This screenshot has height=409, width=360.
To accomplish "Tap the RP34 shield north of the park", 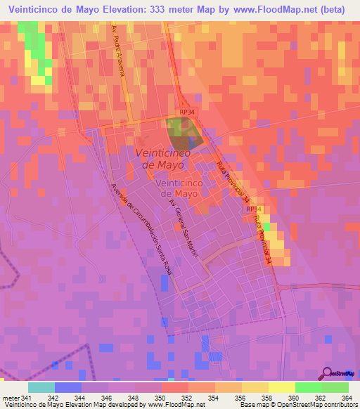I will pyautogui.click(x=186, y=112).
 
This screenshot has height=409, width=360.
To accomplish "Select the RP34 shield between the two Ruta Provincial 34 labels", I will pyautogui.click(x=255, y=209).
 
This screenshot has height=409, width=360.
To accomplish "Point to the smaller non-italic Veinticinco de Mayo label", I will pyautogui.click(x=188, y=188).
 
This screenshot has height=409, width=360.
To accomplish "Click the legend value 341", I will pyautogui.click(x=26, y=397).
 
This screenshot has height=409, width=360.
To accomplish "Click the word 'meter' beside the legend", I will pyautogui.click(x=9, y=397).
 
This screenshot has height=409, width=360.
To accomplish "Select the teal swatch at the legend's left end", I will pyautogui.click(x=41, y=387).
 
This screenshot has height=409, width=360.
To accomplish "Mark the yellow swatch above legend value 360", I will pyautogui.click(x=281, y=387).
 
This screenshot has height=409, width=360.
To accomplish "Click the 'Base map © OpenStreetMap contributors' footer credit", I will pyautogui.click(x=297, y=405).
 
